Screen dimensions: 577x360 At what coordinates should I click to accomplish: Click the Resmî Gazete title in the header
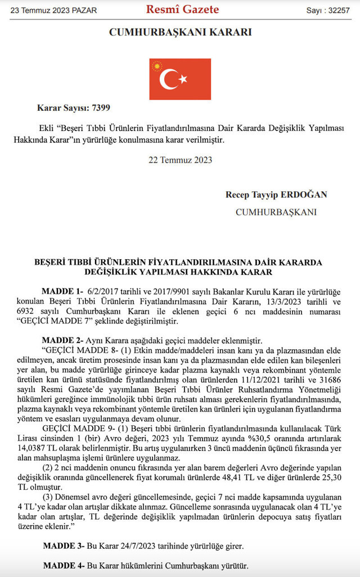(182, 10)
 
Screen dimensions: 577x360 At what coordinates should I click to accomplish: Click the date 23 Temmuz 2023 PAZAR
(50, 10)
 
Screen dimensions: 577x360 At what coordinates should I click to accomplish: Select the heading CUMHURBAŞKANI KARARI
(180, 33)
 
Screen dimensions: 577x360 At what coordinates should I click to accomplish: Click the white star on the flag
(183, 79)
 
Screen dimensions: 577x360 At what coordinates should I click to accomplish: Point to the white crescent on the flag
(168, 79)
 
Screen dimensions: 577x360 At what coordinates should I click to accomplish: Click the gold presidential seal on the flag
(156, 66)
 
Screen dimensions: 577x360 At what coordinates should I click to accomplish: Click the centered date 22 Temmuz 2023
(180, 160)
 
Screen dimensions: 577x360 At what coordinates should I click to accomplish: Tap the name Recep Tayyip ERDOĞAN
(276, 195)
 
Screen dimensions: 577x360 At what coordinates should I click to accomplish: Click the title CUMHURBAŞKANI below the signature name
(276, 212)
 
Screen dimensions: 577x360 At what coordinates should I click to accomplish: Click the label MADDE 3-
(62, 546)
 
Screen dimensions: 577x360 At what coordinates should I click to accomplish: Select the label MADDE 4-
(62, 565)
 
